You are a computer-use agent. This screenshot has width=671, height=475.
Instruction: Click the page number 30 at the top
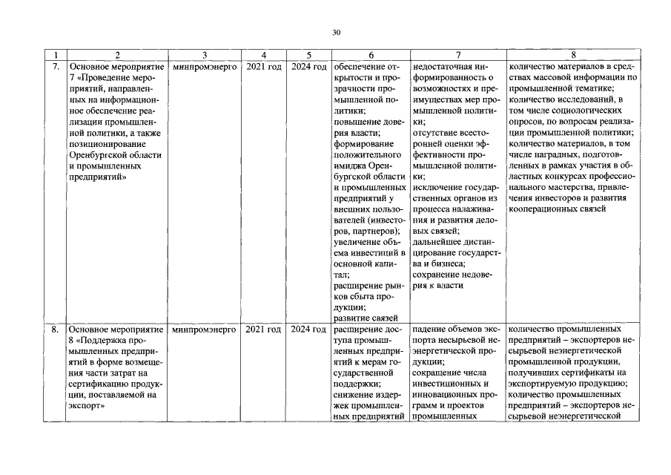[335, 33]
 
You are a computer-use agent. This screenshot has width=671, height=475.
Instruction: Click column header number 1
[56, 55]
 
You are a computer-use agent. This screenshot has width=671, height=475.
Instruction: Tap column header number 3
[204, 55]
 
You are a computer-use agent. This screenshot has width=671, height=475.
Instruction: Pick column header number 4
[263, 55]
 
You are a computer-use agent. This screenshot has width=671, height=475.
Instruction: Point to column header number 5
[308, 55]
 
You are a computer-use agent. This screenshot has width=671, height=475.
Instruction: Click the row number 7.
[56, 67]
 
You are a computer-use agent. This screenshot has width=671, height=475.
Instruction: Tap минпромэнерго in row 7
[204, 67]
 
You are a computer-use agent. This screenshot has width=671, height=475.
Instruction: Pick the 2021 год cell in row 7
[263, 67]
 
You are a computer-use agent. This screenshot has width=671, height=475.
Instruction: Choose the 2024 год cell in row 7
[308, 67]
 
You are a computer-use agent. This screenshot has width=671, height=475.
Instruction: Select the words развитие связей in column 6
[368, 318]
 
